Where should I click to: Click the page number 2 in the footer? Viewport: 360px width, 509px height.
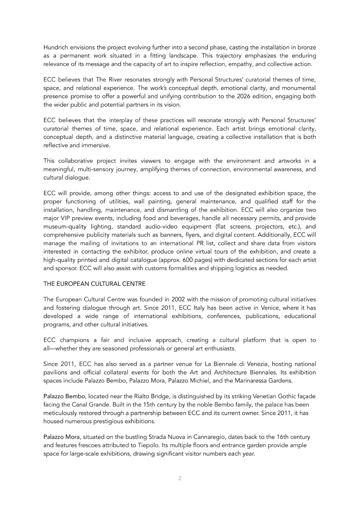tap(180, 478)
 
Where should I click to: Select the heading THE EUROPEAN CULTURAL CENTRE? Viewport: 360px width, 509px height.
tap(94, 284)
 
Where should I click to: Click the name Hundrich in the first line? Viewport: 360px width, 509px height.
tap(55, 47)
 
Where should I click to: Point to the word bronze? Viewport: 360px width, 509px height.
tap(307, 47)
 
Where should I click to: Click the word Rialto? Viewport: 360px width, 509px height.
tap(143, 396)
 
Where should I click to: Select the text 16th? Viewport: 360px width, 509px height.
tap(284, 437)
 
